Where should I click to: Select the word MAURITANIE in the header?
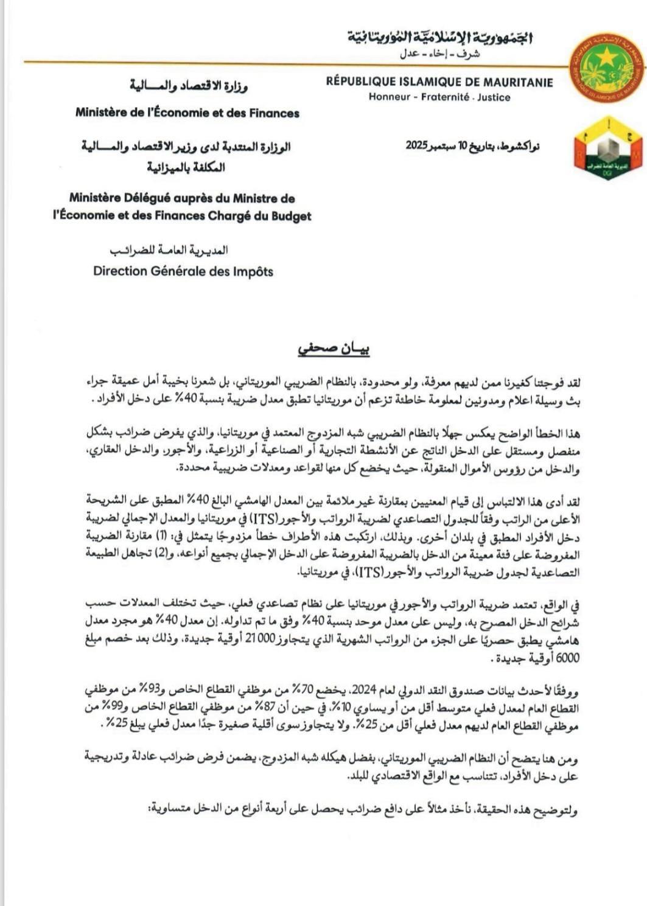coord(519,82)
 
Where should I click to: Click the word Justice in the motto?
coord(494,97)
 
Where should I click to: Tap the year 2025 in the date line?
coord(418,146)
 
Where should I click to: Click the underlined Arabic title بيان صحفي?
coord(334,349)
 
